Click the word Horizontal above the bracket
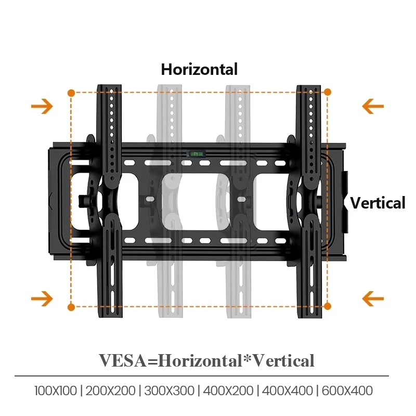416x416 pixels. pyautogui.click(x=199, y=70)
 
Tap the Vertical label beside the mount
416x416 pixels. pyautogui.click(x=378, y=203)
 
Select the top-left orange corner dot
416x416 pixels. pyautogui.click(x=71, y=93)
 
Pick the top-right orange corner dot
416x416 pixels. pyautogui.click(x=328, y=92)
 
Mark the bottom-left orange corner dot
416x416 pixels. pyautogui.click(x=71, y=307)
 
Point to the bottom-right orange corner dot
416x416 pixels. pyautogui.click(x=328, y=306)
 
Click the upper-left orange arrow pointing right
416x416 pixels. pyautogui.click(x=42, y=107)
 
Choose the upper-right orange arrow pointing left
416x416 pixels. pyautogui.click(x=373, y=107)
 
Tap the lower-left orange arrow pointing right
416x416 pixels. pyautogui.click(x=42, y=298)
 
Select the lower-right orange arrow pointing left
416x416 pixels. pyautogui.click(x=373, y=298)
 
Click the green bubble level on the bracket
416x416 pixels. pyautogui.click(x=197, y=153)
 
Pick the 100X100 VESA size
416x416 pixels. pyautogui.click(x=56, y=391)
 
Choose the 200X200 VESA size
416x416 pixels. pyautogui.click(x=110, y=391)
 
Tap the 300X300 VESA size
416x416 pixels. pyautogui.click(x=170, y=391)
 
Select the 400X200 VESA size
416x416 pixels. pyautogui.click(x=228, y=391)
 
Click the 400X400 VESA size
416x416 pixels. pyautogui.click(x=288, y=391)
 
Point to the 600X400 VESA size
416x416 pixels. pyautogui.click(x=347, y=391)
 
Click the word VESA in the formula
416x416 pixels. pyautogui.click(x=123, y=361)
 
